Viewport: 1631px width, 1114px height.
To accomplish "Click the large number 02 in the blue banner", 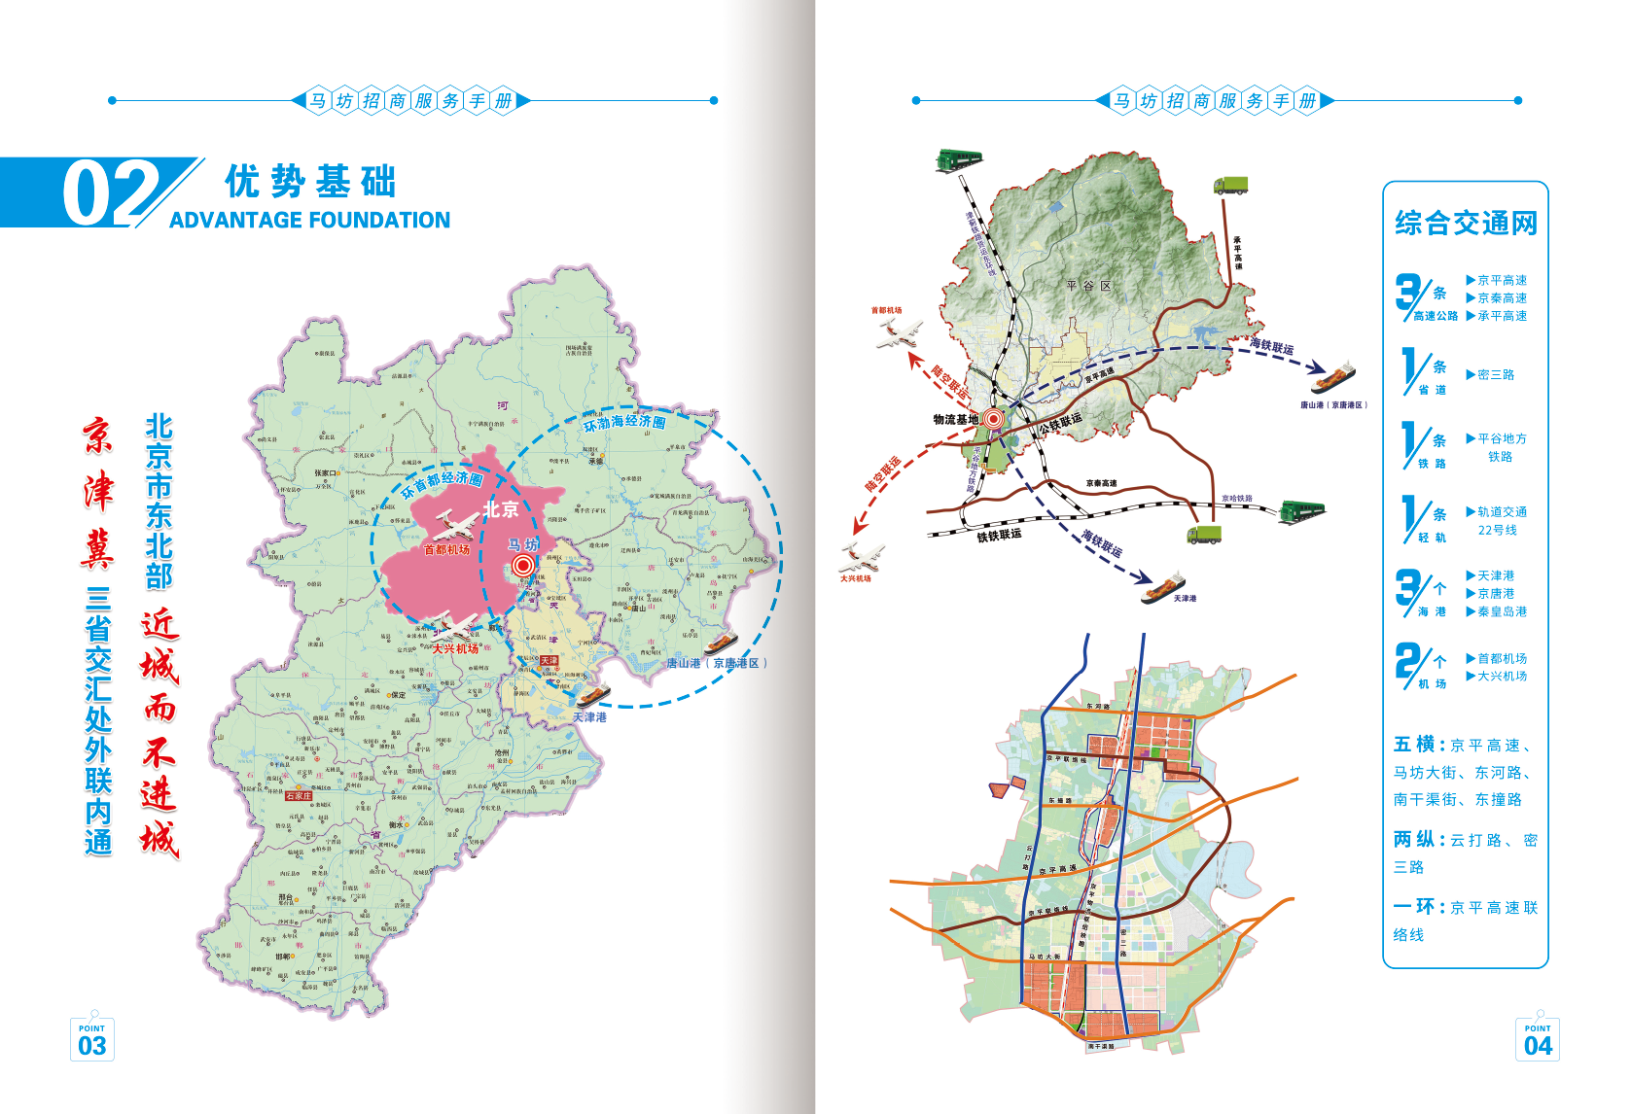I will (109, 193).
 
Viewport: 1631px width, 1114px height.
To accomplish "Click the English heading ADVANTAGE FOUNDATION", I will (309, 221).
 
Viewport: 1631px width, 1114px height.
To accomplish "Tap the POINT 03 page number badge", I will (92, 1040).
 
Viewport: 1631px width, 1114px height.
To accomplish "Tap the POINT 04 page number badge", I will (1538, 1040).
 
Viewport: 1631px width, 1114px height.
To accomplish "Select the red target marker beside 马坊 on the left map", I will (523, 565).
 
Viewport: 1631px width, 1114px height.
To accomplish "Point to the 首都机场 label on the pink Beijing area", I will (446, 550).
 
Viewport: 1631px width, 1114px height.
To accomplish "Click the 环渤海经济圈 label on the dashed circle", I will (624, 424).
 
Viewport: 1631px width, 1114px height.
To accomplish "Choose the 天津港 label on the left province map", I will (589, 717).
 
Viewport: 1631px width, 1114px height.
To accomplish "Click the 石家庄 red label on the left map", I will (299, 796).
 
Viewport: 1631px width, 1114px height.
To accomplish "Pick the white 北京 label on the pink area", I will (501, 509).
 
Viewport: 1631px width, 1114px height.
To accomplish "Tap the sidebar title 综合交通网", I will (1466, 224).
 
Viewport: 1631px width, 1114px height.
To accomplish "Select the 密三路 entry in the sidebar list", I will (1496, 374).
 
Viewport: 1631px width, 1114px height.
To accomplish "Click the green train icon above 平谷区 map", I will (959, 160).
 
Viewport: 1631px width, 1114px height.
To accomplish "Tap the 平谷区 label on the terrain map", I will (1088, 286).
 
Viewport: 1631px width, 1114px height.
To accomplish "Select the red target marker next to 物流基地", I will (993, 419).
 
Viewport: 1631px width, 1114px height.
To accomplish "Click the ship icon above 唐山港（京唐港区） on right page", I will (1332, 376).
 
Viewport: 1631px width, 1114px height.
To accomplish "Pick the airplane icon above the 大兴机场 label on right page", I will (862, 558).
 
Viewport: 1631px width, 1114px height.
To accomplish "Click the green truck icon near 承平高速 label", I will (1230, 186).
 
